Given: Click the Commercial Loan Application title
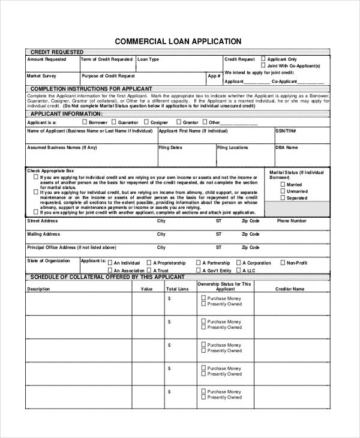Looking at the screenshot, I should coord(178,41).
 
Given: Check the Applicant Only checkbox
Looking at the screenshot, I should coord(263,59).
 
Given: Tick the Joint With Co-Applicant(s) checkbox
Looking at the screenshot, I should coord(263,65).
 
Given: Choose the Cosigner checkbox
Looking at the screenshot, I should coord(145,122).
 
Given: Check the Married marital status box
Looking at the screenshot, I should coord(283,185).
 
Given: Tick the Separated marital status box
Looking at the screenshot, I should coord(283,197).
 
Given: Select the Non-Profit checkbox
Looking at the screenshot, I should coord(282,263).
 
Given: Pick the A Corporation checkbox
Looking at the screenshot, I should coord(238,263).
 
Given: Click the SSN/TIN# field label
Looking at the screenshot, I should coord(286,130).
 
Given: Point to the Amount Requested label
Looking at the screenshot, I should coord(47,59).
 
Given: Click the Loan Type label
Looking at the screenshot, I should coord(148,59).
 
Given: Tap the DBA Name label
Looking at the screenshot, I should coord(286,147).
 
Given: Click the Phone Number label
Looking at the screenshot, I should coord(292,221).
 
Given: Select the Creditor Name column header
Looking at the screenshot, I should coord(290,289).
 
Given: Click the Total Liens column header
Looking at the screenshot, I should coord(176,289).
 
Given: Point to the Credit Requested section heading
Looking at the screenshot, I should coord(57,52).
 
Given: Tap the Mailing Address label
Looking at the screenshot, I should coord(43,234).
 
